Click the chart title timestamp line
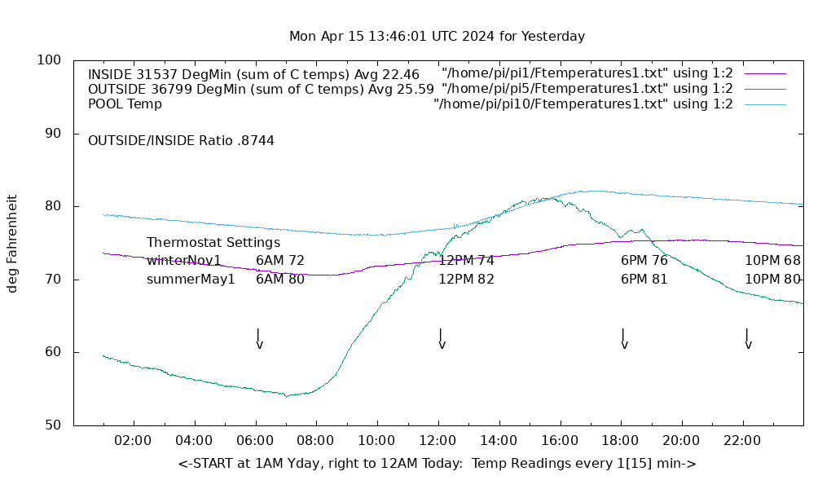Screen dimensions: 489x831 [437, 37]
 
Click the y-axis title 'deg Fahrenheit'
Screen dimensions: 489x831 [12, 243]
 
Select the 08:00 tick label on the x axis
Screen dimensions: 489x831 [315, 441]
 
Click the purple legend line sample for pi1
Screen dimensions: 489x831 [765, 74]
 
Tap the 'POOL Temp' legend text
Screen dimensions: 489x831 [125, 104]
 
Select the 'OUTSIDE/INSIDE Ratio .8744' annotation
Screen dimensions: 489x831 [181, 141]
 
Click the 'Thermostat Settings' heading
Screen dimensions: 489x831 [213, 243]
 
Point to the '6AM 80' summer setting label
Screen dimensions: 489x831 [280, 280]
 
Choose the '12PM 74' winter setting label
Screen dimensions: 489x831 [466, 261]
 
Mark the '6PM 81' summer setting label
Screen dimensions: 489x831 [644, 280]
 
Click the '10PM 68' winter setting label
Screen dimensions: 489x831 [772, 261]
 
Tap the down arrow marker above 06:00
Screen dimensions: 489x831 [258, 339]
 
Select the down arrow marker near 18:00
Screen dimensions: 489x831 [623, 339]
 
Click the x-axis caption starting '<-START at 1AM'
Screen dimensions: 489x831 [437, 464]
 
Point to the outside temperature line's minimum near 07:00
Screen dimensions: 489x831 [287, 396]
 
